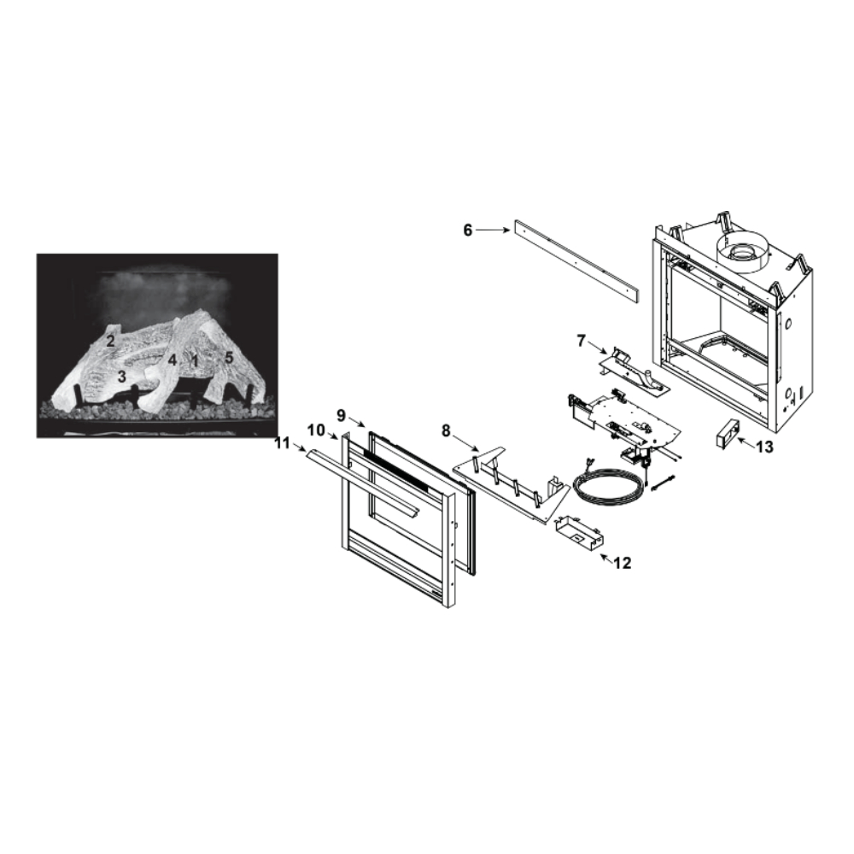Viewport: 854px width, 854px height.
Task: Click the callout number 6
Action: pos(468,231)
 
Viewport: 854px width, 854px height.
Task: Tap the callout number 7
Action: pos(581,341)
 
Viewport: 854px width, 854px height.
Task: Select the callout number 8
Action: pos(446,430)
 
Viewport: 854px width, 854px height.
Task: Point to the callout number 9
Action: pos(341,416)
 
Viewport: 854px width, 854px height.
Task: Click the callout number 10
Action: pos(316,430)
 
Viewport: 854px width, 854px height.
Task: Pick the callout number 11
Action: pos(282,443)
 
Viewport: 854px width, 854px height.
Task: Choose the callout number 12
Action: pos(623,563)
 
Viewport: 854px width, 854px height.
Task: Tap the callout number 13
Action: pos(764,447)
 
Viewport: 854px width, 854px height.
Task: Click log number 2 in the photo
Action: pos(110,342)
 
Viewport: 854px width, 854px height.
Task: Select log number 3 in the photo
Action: pos(121,377)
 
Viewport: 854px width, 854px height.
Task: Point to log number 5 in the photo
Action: pos(229,358)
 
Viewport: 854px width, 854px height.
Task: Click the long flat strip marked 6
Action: pos(576,262)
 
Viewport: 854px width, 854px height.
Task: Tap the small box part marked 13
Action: pos(725,433)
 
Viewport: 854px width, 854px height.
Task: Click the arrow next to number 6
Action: pos(493,231)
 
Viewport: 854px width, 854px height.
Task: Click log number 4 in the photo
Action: pos(173,360)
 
